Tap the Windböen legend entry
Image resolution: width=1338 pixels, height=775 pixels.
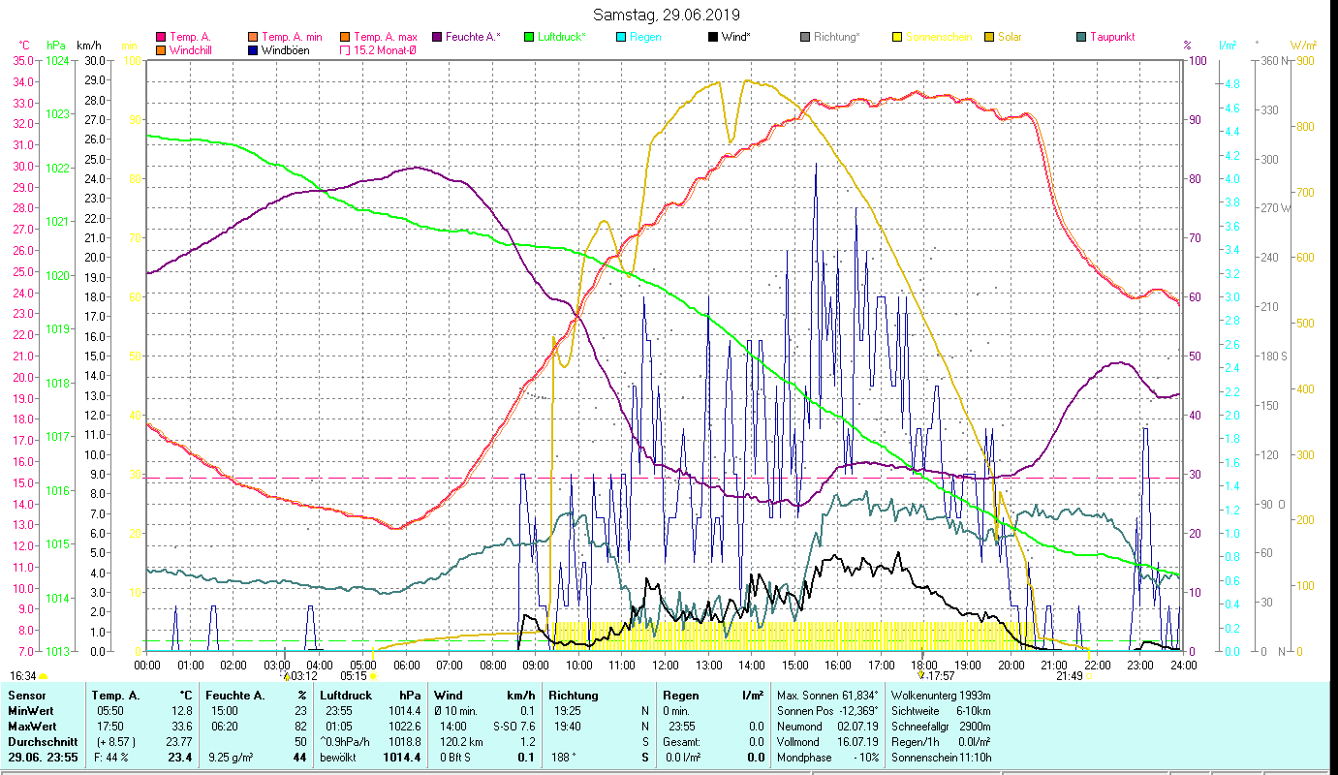[285, 49]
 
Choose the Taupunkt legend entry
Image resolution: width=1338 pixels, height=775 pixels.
[1111, 37]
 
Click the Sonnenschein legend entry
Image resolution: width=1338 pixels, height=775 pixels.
[938, 37]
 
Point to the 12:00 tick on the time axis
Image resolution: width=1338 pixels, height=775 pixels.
[666, 665]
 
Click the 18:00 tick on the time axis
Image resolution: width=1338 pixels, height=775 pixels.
[923, 665]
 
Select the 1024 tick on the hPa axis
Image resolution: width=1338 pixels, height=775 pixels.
[57, 60]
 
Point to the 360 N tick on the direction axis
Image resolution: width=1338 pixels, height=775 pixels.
[1276, 60]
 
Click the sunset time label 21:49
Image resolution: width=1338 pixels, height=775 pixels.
[1069, 676]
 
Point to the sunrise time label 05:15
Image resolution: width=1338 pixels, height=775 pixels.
[354, 676]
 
